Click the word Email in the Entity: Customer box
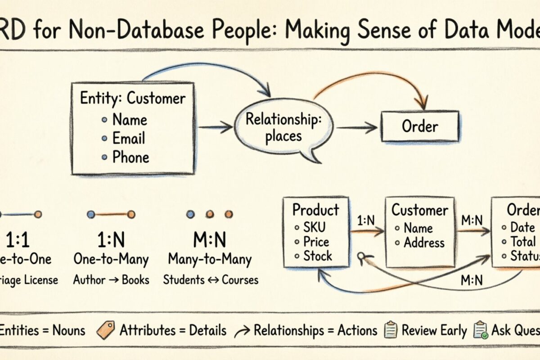pos(129,138)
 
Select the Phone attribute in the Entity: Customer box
pos(130,157)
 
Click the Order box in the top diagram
pos(419,126)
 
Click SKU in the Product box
pos(315,227)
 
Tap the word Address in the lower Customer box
pos(424,243)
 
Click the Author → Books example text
pos(111,280)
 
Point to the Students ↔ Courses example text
pos(211,280)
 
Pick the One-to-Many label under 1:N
pos(111,260)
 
